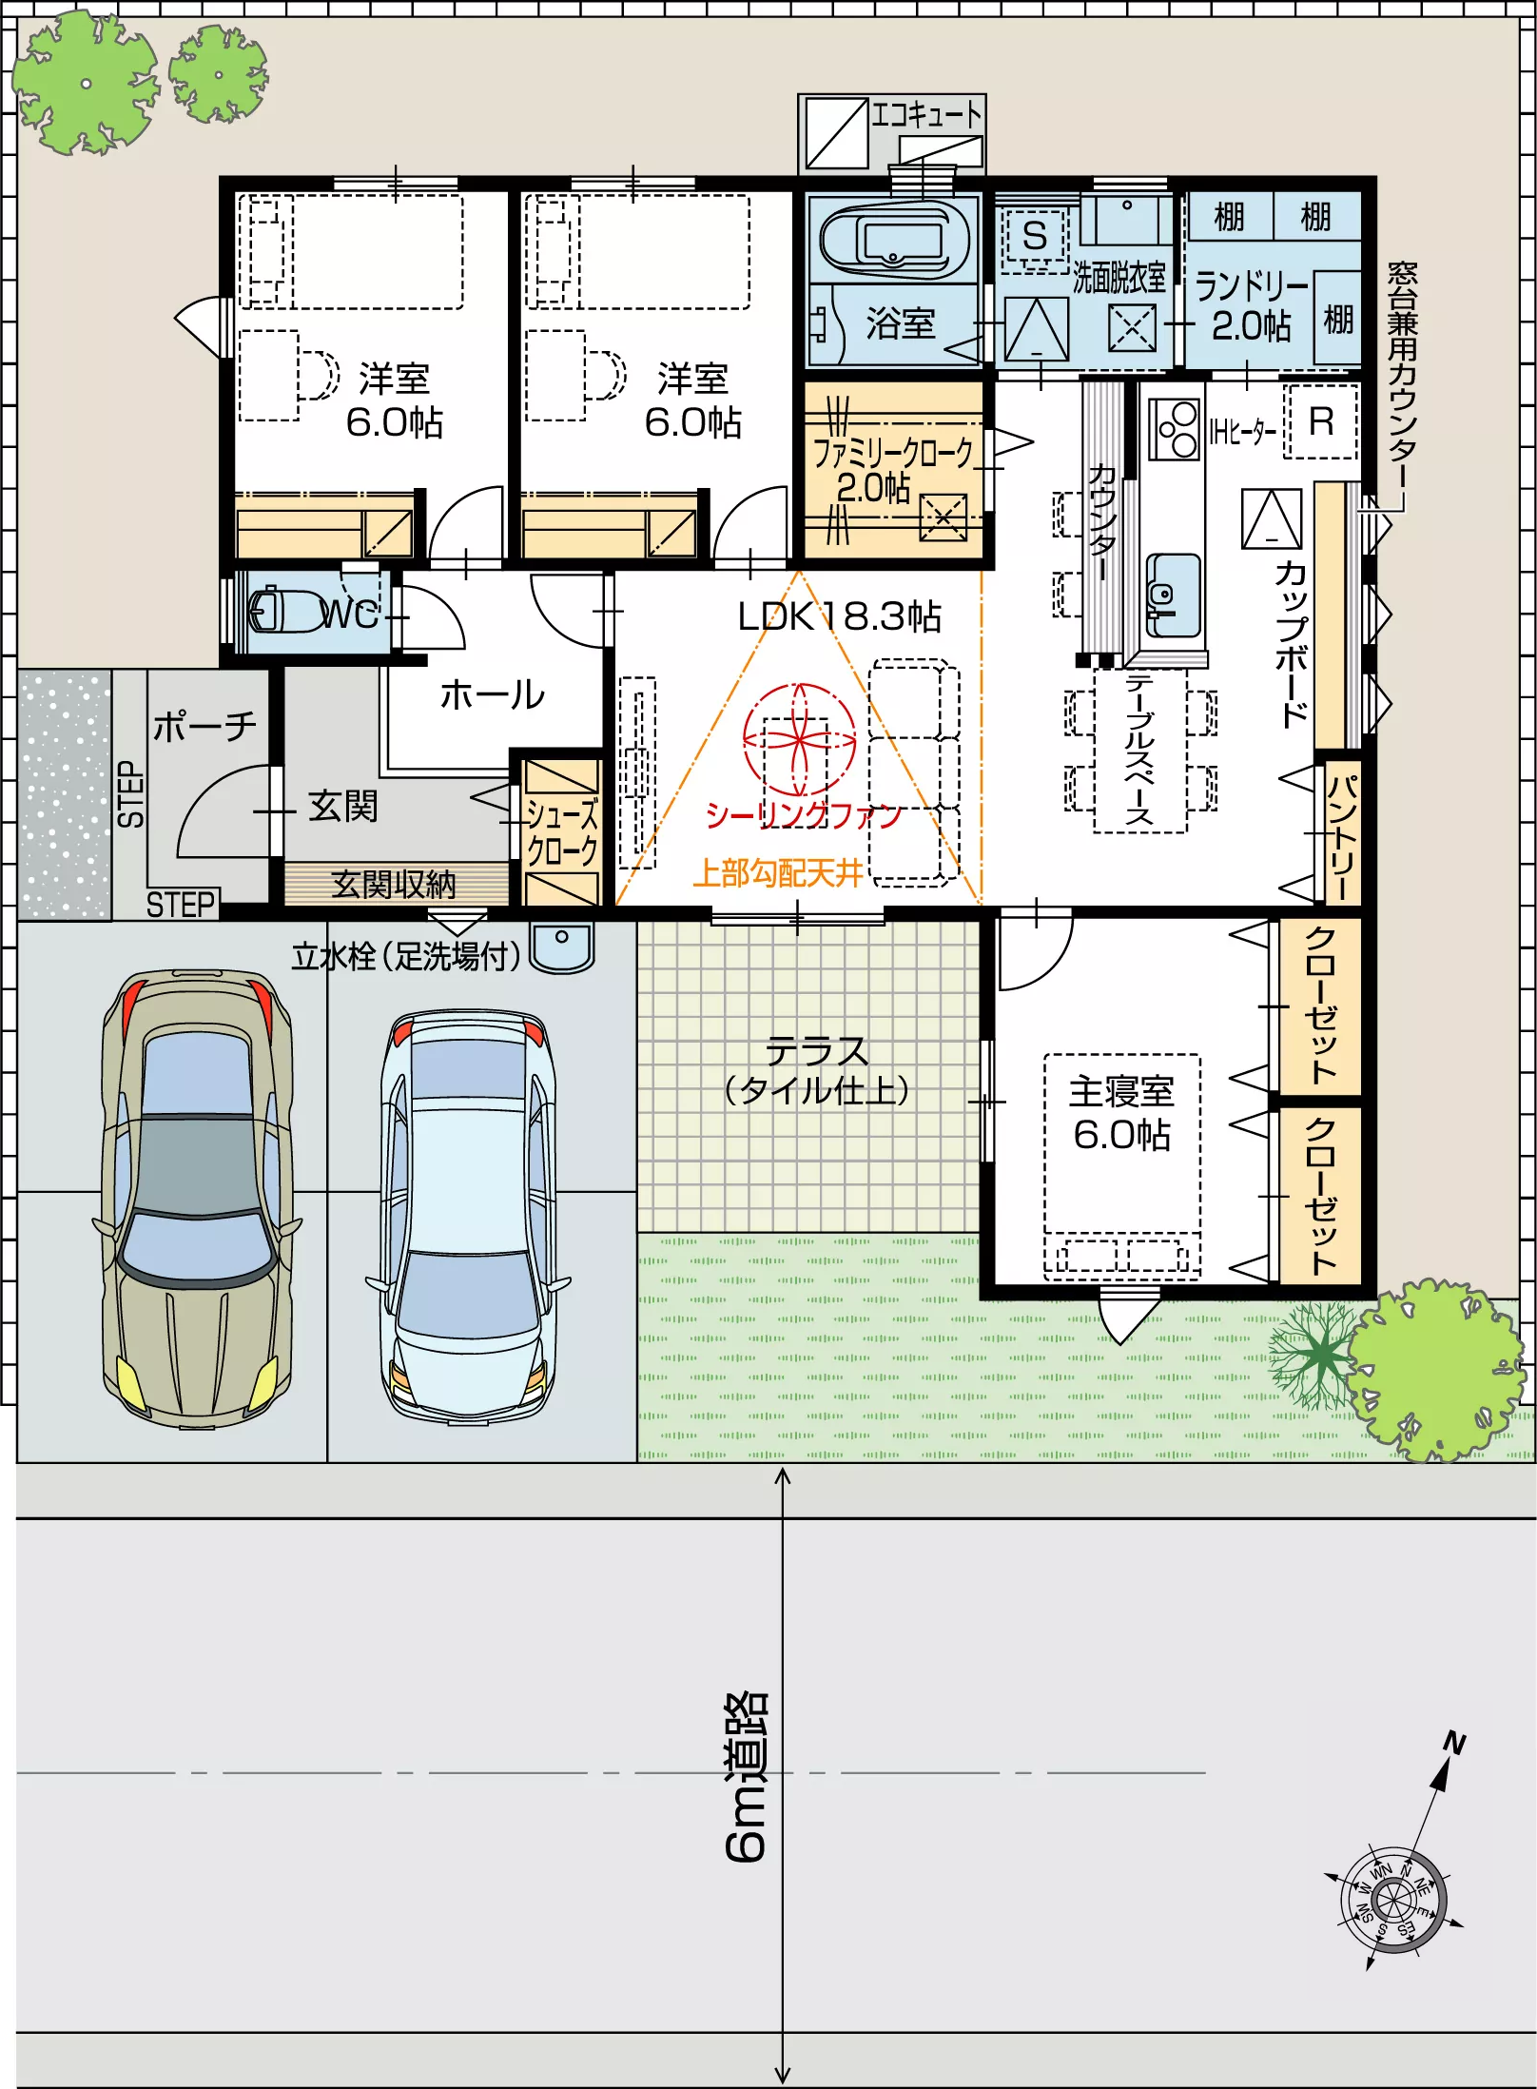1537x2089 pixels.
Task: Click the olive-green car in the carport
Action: pyautogui.click(x=197, y=1198)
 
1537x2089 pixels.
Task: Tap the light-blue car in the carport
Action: pyautogui.click(x=468, y=1217)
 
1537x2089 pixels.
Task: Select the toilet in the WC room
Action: pyautogui.click(x=285, y=610)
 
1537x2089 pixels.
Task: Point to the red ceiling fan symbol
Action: pyautogui.click(x=800, y=740)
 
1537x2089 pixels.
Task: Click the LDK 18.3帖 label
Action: pyautogui.click(x=839, y=616)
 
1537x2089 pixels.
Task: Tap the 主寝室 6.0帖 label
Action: pyautogui.click(x=1121, y=1113)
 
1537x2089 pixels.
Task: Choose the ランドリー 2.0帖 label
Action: pyautogui.click(x=1252, y=304)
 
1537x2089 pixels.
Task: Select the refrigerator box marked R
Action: pyautogui.click(x=1321, y=421)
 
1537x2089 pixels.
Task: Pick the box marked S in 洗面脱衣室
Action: pyautogui.click(x=1035, y=235)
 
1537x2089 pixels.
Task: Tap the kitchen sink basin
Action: pyautogui.click(x=1174, y=595)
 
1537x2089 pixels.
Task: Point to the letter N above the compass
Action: pyautogui.click(x=1454, y=1744)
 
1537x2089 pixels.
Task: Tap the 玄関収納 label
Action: pyautogui.click(x=394, y=885)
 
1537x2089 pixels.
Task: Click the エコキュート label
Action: pyautogui.click(x=927, y=115)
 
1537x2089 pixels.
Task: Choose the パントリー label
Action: pyautogui.click(x=1341, y=837)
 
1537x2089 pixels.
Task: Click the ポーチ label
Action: pyautogui.click(x=204, y=726)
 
